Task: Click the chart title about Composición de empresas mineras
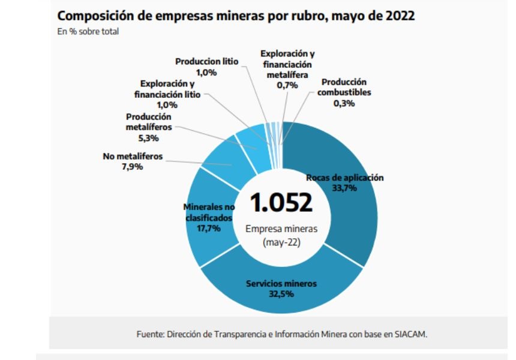point(236,15)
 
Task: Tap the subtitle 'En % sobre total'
point(88,31)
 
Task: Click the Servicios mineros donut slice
point(282,297)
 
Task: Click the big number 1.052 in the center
point(281,202)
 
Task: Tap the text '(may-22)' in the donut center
point(281,242)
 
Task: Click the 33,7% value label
point(344,188)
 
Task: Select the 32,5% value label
point(281,293)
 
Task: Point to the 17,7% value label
point(208,228)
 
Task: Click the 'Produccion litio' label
point(207,61)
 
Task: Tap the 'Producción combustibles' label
point(344,87)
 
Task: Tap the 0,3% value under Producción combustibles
point(344,103)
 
